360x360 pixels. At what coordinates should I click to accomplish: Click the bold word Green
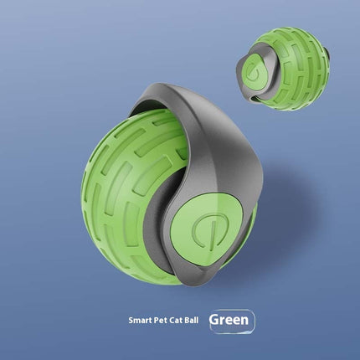[x=230, y=320]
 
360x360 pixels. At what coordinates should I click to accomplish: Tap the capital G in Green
[x=214, y=320]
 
